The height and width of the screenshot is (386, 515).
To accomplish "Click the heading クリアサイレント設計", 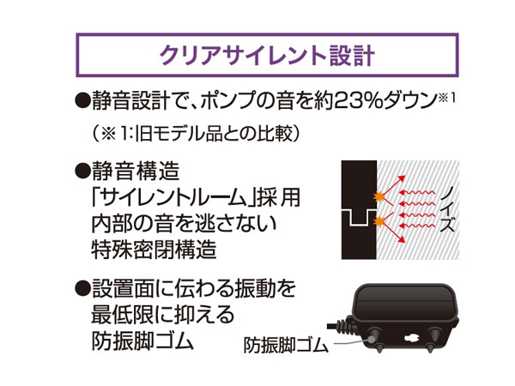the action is tap(267, 55).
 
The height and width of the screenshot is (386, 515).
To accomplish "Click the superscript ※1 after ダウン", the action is tap(447, 98).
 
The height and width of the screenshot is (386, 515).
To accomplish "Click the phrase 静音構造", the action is tap(136, 171).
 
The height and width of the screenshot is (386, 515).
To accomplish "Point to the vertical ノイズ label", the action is tap(447, 210).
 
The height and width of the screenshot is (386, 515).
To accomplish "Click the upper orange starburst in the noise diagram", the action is tap(379, 196).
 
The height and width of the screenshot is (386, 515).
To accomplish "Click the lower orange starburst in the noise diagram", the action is tap(379, 221).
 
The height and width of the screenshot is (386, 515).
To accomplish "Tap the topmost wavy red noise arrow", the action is tap(417, 192).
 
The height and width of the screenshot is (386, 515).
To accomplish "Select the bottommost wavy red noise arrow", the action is tap(417, 226).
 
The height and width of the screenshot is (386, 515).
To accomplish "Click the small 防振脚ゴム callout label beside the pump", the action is tap(286, 346).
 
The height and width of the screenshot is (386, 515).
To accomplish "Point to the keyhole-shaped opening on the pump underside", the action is tap(410, 338).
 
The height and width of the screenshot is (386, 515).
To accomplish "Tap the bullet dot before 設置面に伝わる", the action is tap(82, 289).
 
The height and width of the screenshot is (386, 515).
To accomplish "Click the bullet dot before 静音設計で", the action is tap(82, 100).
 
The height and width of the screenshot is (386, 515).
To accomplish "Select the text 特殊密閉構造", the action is tap(154, 250).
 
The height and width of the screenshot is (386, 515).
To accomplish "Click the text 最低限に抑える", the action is tap(163, 315).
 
